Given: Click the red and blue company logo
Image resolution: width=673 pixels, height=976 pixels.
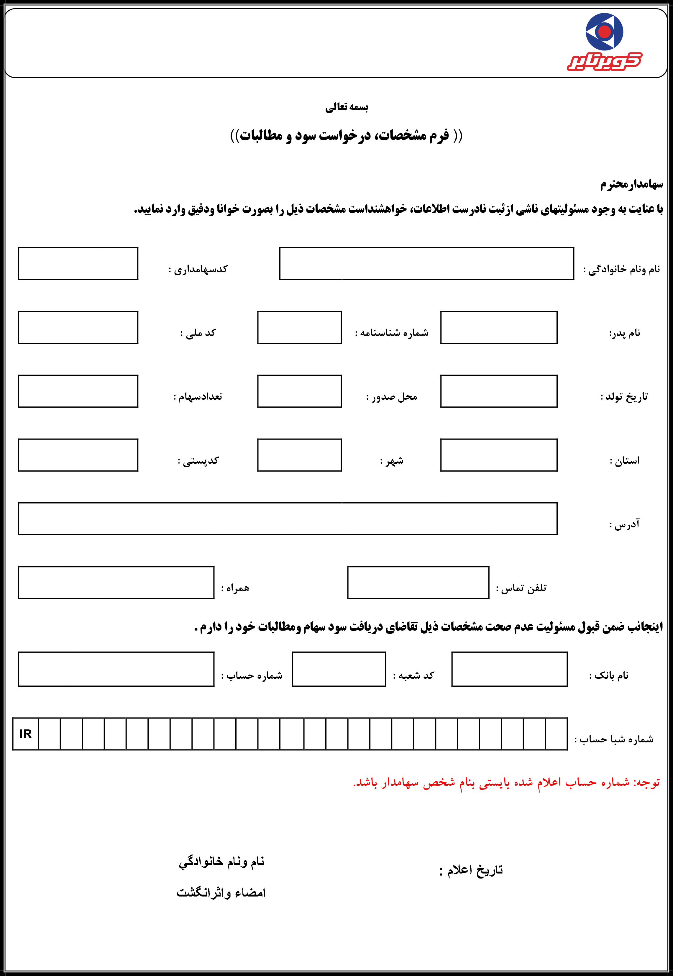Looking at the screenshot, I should point(604,41).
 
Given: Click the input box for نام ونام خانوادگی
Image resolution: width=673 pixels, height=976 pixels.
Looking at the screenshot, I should point(426,264).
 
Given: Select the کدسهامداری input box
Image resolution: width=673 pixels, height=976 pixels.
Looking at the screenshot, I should point(78,264).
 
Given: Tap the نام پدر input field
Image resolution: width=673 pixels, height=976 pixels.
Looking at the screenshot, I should point(498,327).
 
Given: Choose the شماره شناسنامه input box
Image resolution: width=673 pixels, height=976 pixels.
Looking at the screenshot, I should point(299,327).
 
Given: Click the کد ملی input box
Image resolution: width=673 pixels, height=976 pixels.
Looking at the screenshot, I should point(78,327).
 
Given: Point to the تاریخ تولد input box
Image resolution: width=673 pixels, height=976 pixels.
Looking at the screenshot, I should point(498,391).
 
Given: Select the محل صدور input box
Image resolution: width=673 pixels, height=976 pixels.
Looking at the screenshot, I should point(299,391).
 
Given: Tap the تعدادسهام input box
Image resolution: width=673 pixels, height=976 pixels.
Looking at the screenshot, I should point(78,391).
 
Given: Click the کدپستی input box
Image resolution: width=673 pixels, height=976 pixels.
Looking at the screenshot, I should point(78,455).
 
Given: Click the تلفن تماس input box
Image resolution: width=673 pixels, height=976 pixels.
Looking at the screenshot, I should point(418,583).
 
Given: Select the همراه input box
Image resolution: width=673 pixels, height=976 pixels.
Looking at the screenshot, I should point(116,583).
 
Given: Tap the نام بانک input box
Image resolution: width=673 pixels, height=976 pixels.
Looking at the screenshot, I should point(509,669).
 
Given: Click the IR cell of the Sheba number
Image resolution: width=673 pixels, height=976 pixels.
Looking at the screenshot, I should point(26,734).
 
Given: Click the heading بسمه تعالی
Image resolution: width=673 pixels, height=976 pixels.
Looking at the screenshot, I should point(347,107).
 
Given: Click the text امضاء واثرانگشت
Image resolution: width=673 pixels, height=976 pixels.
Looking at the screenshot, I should point(221,893).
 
